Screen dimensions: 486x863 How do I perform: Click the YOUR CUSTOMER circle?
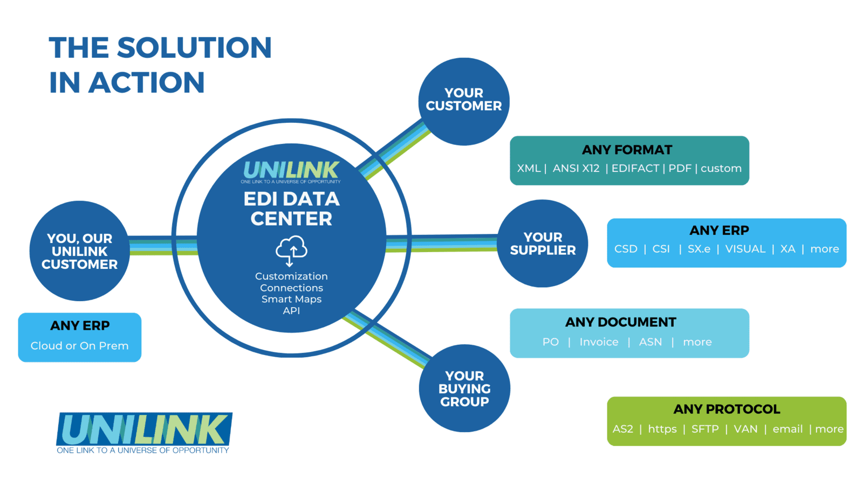(x=464, y=101)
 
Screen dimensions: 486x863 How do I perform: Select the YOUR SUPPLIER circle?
(x=542, y=244)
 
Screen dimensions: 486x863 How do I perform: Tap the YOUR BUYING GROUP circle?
(x=464, y=388)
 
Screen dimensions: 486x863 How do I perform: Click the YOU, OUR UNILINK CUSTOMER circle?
(x=80, y=251)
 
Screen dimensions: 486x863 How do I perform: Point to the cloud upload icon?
(x=291, y=250)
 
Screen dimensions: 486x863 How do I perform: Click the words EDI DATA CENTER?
(x=291, y=209)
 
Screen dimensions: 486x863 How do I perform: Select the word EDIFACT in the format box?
(x=635, y=169)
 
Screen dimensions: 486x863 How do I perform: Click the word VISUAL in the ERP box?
(x=745, y=249)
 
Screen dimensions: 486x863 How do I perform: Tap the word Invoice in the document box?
(x=599, y=342)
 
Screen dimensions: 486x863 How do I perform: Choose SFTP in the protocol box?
(x=704, y=429)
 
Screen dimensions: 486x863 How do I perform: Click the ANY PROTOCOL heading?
(x=726, y=409)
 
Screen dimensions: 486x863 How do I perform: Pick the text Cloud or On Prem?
(x=79, y=346)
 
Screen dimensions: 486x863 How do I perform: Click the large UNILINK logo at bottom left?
(x=144, y=433)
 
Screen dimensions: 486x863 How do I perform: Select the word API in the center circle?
(x=291, y=311)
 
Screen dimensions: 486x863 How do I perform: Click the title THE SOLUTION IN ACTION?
(x=160, y=65)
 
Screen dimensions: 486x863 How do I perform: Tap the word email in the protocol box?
(x=787, y=429)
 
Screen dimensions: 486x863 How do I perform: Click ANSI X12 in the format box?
(x=576, y=169)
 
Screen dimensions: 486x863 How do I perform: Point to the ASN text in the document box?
(x=650, y=342)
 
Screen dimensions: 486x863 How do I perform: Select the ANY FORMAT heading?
(x=627, y=150)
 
